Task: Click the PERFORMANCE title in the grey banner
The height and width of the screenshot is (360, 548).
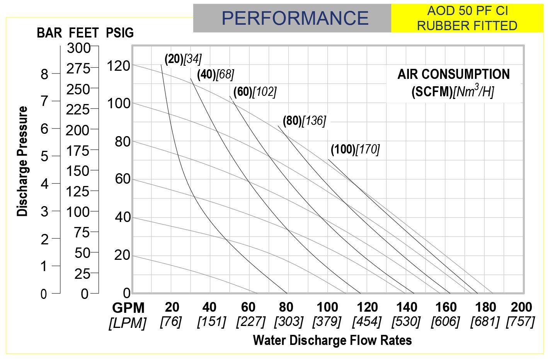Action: (295, 18)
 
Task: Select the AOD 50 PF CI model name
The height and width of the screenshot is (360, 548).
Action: (467, 11)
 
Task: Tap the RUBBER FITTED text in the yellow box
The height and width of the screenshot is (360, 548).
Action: (467, 26)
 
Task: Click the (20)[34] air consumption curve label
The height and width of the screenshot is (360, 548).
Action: (183, 59)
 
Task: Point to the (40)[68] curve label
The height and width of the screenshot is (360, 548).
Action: (215, 74)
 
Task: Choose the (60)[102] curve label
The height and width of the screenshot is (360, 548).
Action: (255, 92)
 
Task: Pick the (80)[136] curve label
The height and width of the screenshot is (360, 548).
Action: (304, 121)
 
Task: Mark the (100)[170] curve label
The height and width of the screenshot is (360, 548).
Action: (355, 149)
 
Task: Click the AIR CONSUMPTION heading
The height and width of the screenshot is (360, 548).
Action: (453, 74)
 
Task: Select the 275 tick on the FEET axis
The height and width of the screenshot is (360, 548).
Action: (78, 69)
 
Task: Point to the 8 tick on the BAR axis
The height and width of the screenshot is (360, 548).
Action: (44, 74)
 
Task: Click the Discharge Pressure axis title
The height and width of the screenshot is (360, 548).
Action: (23, 161)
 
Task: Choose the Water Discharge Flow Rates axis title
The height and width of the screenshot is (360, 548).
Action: (332, 340)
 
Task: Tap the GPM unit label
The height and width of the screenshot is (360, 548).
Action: (128, 308)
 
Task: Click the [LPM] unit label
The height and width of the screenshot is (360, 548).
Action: (128, 323)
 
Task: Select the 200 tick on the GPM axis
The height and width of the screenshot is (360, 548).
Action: (521, 307)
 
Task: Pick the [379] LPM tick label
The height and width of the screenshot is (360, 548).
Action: (327, 321)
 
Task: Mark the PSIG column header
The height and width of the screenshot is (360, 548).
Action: (120, 33)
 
